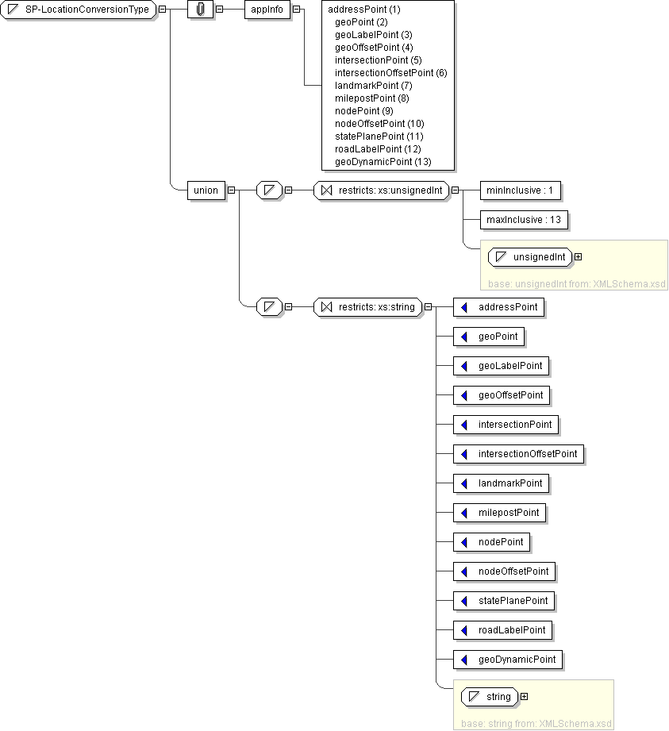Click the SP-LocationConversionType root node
point(80,10)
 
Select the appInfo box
point(267,10)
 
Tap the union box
point(206,190)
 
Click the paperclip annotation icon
point(200,10)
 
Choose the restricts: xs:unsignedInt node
point(382,190)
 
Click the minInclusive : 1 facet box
point(519,190)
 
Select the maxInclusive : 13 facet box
point(523,219)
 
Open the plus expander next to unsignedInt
point(578,256)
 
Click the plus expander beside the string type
point(523,697)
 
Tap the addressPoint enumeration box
point(498,307)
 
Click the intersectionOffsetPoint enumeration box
point(518,454)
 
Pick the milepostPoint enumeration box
point(500,513)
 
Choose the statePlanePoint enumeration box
point(504,601)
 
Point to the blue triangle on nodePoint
point(464,542)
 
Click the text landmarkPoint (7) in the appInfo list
point(373,86)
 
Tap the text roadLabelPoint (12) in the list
point(378,149)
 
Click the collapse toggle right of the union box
point(231,190)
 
